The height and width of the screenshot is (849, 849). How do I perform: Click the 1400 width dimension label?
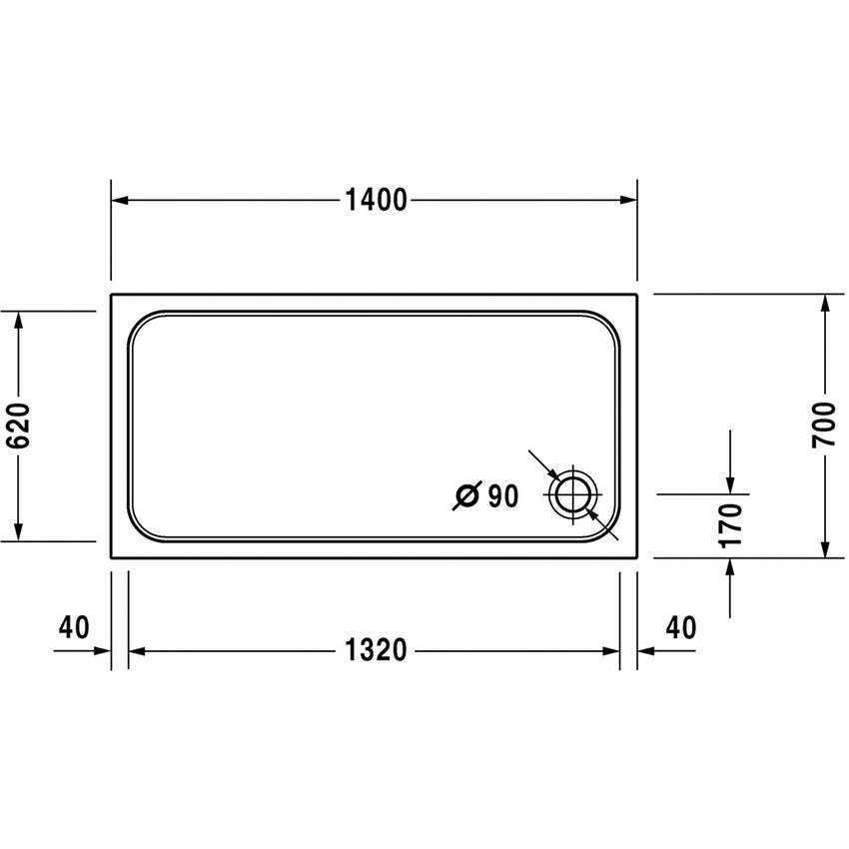click(x=377, y=201)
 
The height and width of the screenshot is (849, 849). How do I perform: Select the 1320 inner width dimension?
click(x=377, y=651)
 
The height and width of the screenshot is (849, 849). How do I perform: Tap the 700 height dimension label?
click(x=824, y=425)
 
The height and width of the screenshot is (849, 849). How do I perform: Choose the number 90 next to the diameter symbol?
click(x=503, y=495)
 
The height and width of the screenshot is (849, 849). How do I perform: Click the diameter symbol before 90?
click(x=466, y=495)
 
